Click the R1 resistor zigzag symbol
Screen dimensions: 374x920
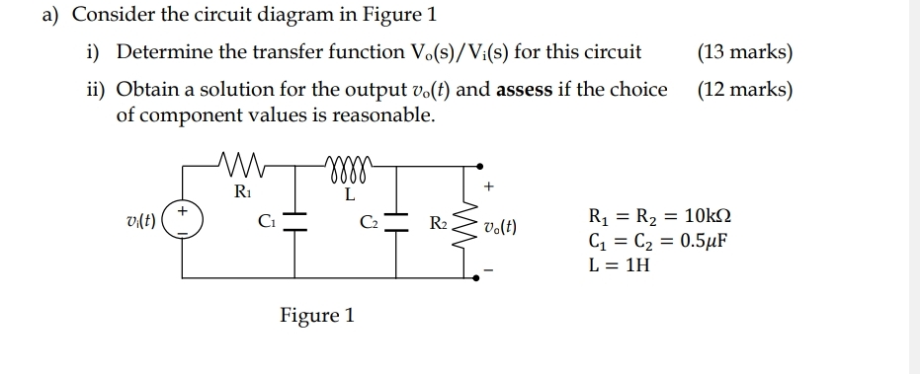click(x=240, y=162)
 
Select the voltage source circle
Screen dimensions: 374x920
click(x=182, y=216)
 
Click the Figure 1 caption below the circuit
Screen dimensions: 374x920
click(x=316, y=316)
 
